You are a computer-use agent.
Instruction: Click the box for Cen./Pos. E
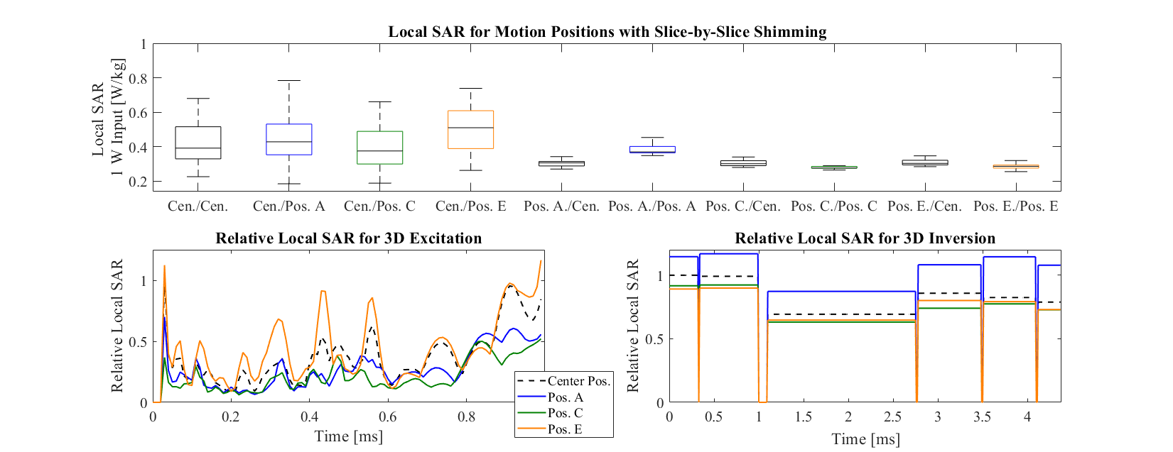click(x=470, y=129)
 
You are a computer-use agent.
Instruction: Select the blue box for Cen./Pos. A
click(x=288, y=139)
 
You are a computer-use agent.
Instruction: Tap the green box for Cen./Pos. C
click(x=379, y=148)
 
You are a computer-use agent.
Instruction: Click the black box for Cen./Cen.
click(x=198, y=143)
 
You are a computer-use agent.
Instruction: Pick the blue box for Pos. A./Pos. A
click(x=652, y=149)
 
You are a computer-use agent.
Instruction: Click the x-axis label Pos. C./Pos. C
click(x=833, y=206)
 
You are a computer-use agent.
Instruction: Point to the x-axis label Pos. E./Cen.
click(x=924, y=206)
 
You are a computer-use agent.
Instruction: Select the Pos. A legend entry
click(x=565, y=397)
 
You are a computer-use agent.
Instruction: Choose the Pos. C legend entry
click(x=565, y=413)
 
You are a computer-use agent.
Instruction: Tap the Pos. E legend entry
click(x=565, y=429)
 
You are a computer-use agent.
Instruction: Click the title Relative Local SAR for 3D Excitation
click(x=348, y=238)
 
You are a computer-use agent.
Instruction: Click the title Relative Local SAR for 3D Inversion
click(x=865, y=238)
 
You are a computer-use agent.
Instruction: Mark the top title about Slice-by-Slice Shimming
click(x=607, y=32)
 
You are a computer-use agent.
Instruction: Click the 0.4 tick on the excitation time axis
click(x=309, y=417)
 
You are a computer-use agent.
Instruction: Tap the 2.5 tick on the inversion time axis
click(x=893, y=417)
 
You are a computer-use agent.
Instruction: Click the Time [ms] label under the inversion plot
click(x=865, y=439)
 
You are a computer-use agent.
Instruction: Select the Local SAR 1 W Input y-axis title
click(x=107, y=118)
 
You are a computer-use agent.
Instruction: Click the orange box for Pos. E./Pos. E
click(x=1015, y=166)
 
